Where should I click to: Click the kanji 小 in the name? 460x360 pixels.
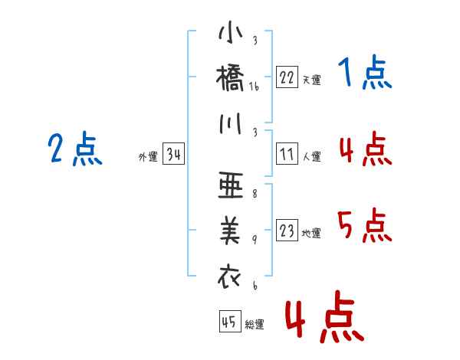[231, 31]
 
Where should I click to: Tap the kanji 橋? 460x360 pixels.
[230, 78]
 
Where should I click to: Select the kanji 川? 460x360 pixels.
[231, 123]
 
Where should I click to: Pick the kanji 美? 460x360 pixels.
[230, 231]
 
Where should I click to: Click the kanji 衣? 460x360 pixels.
[229, 277]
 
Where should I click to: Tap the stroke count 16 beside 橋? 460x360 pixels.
[254, 87]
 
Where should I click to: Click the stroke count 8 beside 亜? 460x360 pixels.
[255, 194]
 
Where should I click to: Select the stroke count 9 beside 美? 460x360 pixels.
[255, 240]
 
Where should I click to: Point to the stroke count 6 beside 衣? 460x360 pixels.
[255, 285]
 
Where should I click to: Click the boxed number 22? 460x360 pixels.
[287, 77]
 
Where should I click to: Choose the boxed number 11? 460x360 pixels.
[287, 154]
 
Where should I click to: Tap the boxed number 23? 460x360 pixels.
[287, 231]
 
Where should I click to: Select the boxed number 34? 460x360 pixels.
[173, 154]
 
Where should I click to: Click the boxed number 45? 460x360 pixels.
[230, 321]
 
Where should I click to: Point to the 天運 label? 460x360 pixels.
[312, 80]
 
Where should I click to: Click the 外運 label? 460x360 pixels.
[148, 156]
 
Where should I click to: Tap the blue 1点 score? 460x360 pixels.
[365, 72]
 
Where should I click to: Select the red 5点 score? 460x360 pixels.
[365, 225]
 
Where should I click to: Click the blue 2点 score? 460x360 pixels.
[75, 149]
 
